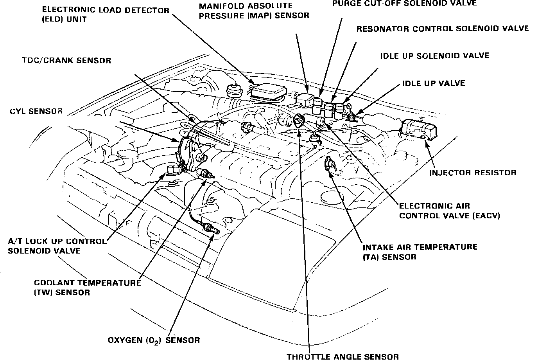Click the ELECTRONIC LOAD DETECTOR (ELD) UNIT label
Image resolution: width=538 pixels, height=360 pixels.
(105, 14)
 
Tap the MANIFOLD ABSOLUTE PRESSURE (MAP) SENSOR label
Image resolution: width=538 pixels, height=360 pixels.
(254, 11)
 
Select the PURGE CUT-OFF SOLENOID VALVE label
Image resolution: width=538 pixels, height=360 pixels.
(404, 4)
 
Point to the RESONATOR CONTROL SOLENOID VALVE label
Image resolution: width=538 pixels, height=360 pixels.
(443, 29)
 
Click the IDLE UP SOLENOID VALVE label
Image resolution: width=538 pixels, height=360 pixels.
(434, 56)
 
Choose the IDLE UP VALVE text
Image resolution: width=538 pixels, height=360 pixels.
(434, 83)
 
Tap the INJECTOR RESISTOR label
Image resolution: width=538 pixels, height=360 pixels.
(473, 173)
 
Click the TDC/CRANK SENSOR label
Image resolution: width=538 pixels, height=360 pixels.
(66, 60)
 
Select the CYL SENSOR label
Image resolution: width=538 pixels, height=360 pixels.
(36, 111)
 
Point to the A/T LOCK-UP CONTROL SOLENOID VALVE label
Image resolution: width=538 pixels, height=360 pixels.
(57, 246)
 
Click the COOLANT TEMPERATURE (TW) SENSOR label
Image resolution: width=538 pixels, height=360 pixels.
(87, 287)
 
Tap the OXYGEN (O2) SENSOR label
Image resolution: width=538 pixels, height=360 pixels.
(154, 340)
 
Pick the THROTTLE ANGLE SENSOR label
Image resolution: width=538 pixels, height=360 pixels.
(343, 356)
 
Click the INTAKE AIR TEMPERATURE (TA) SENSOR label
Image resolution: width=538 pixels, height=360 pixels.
(420, 252)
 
